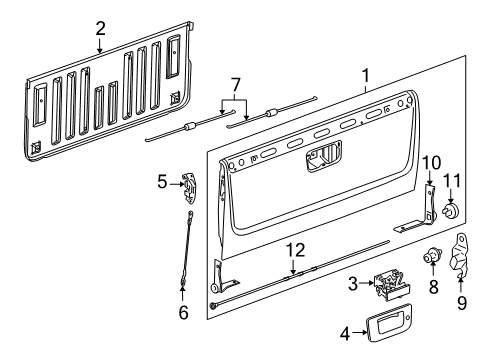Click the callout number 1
click(367, 76)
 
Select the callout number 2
click(100, 29)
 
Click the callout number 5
click(162, 181)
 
